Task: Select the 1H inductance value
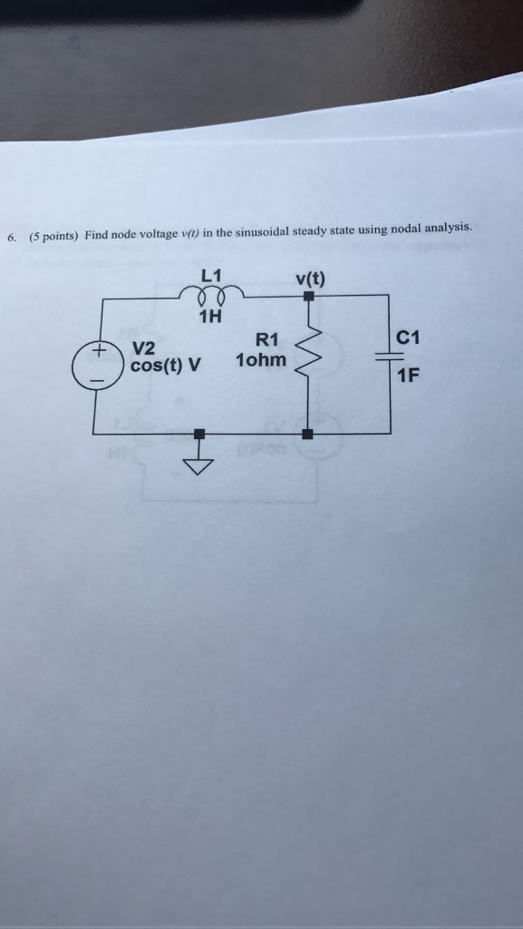[210, 317]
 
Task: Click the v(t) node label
[311, 277]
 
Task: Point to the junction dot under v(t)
[309, 296]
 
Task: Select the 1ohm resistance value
[260, 360]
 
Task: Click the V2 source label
[144, 348]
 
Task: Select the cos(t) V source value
[166, 367]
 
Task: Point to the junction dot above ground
[199, 435]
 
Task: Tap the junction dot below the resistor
[308, 435]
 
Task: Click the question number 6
[11, 238]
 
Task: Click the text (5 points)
[53, 236]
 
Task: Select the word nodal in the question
[403, 229]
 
